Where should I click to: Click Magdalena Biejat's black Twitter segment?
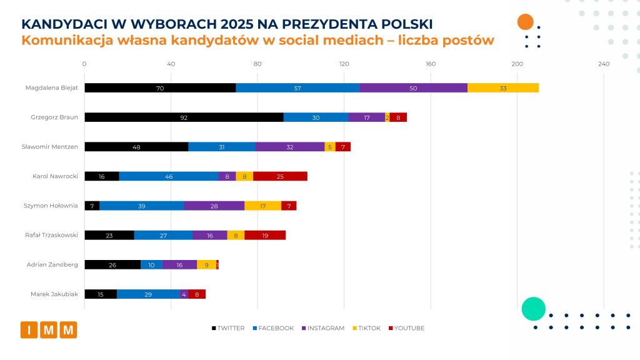click(160, 87)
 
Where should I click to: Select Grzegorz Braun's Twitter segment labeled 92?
click(184, 117)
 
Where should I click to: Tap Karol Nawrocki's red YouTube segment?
click(280, 176)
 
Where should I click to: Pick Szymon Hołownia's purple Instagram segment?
click(214, 206)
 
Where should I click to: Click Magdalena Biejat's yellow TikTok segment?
click(503, 87)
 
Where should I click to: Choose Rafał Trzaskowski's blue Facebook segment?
click(163, 235)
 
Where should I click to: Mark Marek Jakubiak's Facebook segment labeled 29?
click(148, 294)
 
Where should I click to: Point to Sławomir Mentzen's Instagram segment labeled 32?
click(290, 147)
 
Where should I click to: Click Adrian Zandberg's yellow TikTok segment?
click(206, 264)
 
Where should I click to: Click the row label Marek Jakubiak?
click(54, 294)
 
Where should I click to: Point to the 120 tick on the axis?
click(344, 64)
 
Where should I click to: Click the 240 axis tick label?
click(603, 64)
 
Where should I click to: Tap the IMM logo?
click(49, 329)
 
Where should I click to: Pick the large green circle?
click(533, 309)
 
